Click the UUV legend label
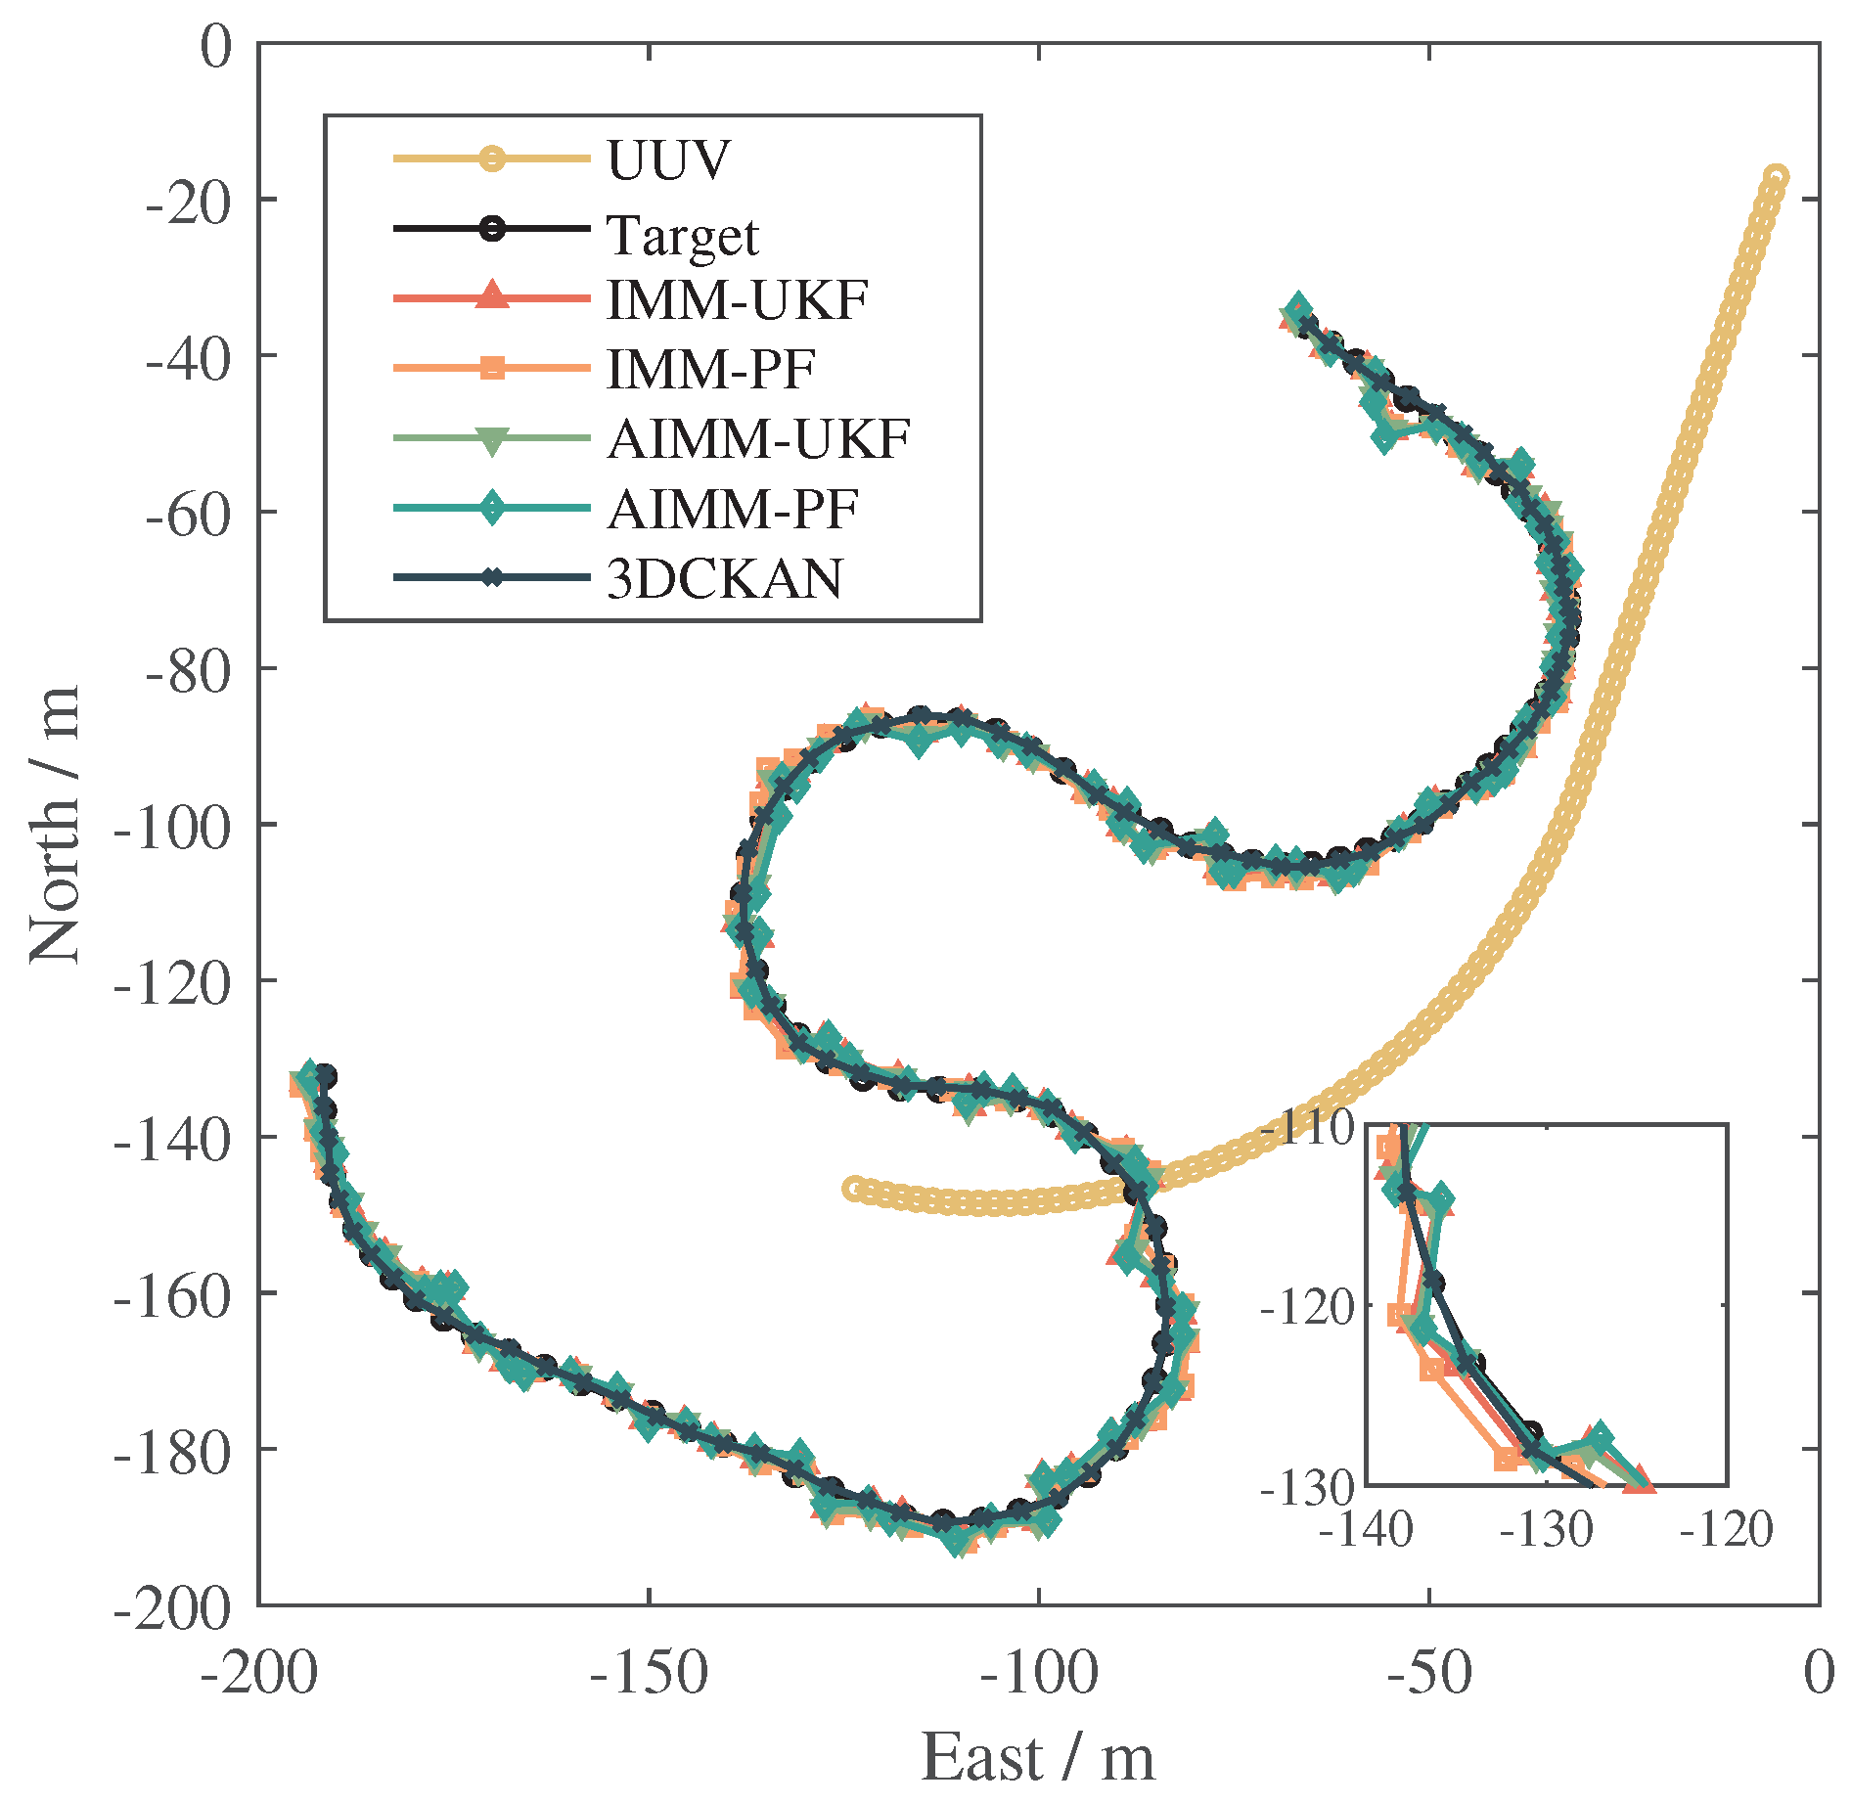668,159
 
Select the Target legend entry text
682,235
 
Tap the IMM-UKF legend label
737,299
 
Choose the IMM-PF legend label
710,369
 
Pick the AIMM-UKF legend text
758,439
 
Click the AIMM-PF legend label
732,509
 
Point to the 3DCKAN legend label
724,579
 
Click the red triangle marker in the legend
492,296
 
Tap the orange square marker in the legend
492,368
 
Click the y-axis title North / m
54,825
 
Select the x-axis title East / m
1038,1758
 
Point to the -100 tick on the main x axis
1038,1673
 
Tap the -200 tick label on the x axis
259,1673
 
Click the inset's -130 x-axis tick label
1547,1530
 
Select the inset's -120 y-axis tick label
1307,1307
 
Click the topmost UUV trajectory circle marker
1776,177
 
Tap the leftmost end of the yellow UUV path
855,1189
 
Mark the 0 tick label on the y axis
216,46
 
